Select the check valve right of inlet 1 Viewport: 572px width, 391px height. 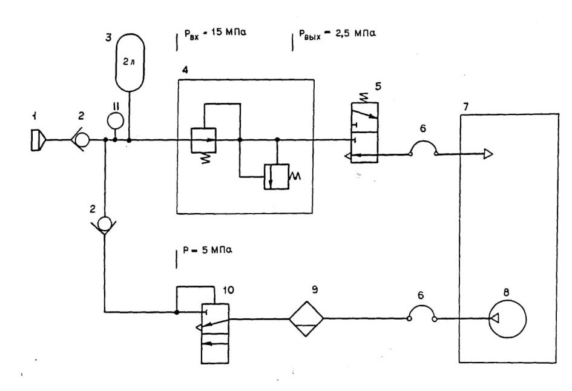click(x=81, y=140)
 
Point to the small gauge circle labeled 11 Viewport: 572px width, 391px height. click(x=115, y=121)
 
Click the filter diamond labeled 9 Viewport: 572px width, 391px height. click(x=306, y=319)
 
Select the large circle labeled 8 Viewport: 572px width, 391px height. click(x=507, y=319)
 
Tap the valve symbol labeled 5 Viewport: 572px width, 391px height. click(x=365, y=133)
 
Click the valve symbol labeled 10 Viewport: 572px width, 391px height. click(x=215, y=333)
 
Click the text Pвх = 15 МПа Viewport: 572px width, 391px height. click(x=215, y=33)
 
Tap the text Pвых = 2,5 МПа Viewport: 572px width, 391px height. click(x=337, y=34)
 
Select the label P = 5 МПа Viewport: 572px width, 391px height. click(x=208, y=251)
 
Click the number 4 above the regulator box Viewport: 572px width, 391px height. click(x=185, y=70)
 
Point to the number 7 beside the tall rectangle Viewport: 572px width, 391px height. click(x=465, y=107)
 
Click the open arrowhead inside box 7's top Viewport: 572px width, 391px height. click(x=488, y=154)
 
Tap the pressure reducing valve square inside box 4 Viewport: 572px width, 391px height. click(x=204, y=140)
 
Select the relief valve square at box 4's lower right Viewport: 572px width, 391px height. click(x=277, y=177)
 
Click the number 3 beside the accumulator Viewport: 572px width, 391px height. click(x=108, y=38)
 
